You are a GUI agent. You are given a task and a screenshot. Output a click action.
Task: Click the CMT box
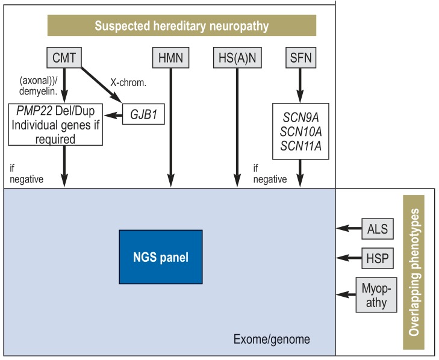pyautogui.click(x=64, y=58)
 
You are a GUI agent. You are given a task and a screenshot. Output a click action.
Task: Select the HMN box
pyautogui.click(x=170, y=58)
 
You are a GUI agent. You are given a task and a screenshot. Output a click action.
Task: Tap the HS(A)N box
pyautogui.click(x=237, y=58)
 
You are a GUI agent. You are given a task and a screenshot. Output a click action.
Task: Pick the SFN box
pyautogui.click(x=300, y=58)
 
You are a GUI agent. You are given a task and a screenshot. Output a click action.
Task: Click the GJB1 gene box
pyautogui.click(x=143, y=114)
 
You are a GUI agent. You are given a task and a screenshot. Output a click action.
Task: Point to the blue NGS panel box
pyautogui.click(x=161, y=257)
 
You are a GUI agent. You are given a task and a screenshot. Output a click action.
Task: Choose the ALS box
pyautogui.click(x=378, y=229)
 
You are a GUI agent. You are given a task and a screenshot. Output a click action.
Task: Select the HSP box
pyautogui.click(x=378, y=258)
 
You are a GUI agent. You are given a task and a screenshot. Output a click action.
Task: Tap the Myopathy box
pyautogui.click(x=376, y=295)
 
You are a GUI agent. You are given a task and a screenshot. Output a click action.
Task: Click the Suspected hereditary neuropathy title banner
pyautogui.click(x=182, y=25)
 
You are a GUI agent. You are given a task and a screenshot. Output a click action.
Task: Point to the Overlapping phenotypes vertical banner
pyautogui.click(x=414, y=272)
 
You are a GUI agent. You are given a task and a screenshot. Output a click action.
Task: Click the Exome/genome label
pyautogui.click(x=272, y=339)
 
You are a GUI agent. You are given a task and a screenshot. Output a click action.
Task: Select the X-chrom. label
pyautogui.click(x=128, y=82)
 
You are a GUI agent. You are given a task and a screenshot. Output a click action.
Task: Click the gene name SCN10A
pyautogui.click(x=300, y=132)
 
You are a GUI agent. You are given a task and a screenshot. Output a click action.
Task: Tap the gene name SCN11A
pyautogui.click(x=300, y=146)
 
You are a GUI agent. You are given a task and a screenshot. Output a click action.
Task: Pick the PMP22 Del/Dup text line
pyautogui.click(x=55, y=111)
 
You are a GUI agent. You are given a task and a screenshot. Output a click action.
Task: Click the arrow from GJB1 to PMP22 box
pyautogui.click(x=113, y=115)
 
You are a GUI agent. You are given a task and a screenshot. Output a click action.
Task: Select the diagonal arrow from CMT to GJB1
pyautogui.click(x=101, y=85)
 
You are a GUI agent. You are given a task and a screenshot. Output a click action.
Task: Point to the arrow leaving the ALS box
pyautogui.click(x=349, y=228)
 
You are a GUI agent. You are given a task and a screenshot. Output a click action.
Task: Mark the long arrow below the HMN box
pyautogui.click(x=171, y=128)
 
